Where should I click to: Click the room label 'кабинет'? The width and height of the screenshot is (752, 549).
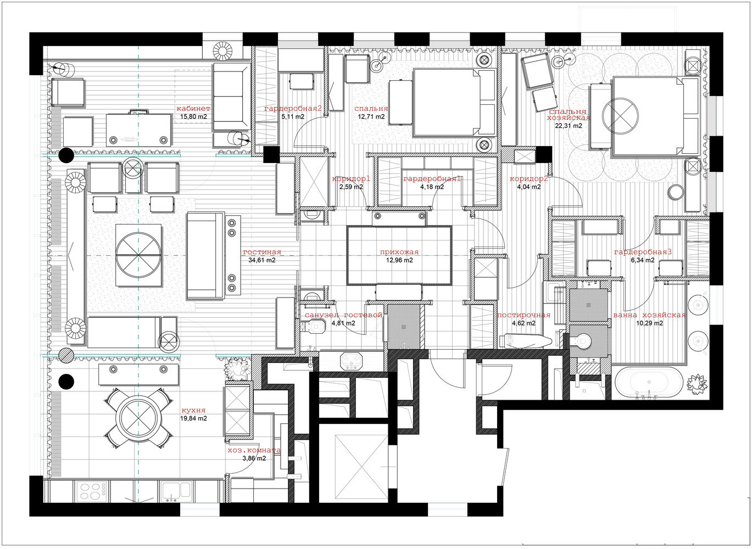point(193,108)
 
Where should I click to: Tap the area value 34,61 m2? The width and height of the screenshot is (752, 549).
point(262,260)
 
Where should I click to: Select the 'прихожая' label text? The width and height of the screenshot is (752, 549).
point(399,252)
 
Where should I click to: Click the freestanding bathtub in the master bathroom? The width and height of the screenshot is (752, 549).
point(649,383)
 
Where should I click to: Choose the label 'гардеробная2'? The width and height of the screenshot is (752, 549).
point(293,108)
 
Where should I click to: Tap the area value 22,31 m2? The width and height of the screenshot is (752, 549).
point(569,126)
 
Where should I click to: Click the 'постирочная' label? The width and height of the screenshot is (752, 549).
point(523,315)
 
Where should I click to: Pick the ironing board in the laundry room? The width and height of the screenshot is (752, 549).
point(525,341)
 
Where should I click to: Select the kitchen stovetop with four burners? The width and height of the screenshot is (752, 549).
point(92,491)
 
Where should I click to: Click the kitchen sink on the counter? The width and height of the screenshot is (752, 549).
point(176,491)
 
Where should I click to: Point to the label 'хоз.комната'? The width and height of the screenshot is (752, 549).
point(254,450)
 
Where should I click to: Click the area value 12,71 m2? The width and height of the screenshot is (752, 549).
point(371,117)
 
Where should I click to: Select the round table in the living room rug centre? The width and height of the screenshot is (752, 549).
point(138,255)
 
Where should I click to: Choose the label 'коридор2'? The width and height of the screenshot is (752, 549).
point(529,178)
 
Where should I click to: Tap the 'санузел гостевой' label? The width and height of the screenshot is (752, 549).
point(343,315)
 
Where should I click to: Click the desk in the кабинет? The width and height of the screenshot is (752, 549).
point(138,130)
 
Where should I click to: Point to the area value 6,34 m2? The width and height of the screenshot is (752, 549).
point(643,260)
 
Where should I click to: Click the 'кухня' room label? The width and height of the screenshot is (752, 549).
point(193,410)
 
